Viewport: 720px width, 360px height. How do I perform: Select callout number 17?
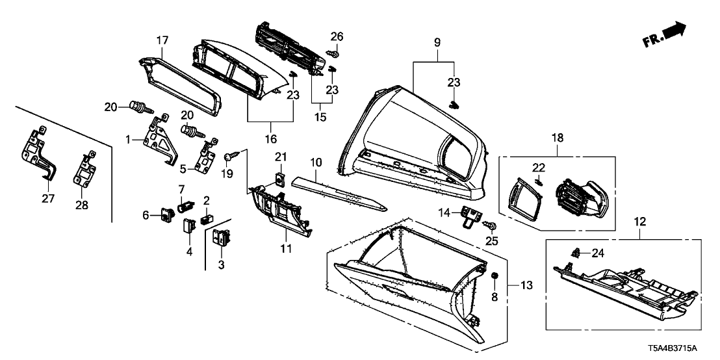pyautogui.click(x=161, y=40)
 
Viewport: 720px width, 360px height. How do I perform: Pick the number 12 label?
pyautogui.click(x=640, y=222)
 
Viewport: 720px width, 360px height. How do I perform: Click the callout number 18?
pyautogui.click(x=557, y=138)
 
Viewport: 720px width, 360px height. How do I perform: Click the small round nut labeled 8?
pyautogui.click(x=495, y=277)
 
